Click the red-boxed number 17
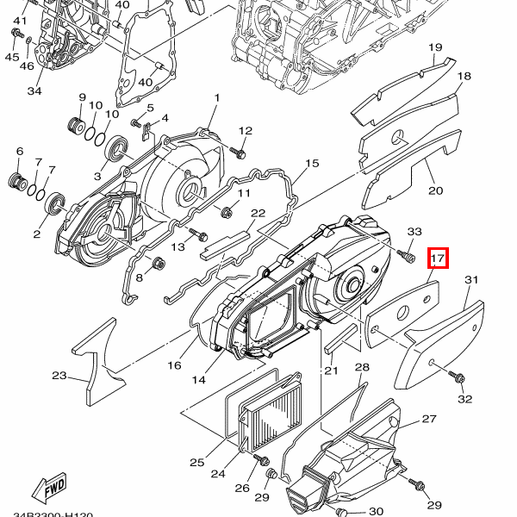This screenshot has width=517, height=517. (438, 257)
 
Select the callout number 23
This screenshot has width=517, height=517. (59, 376)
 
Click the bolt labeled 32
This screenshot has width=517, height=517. (457, 377)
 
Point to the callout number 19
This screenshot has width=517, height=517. (435, 47)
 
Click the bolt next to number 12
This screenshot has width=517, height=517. (240, 153)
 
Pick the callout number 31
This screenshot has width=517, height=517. (470, 280)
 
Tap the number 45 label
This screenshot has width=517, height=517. (12, 57)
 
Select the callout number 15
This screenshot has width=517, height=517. (312, 163)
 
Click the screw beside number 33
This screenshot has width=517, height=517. (402, 254)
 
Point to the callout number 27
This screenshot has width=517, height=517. (429, 420)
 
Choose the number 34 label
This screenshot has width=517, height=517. (34, 91)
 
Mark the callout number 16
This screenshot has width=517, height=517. (174, 365)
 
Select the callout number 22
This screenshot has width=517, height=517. (258, 213)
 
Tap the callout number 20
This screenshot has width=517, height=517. (436, 190)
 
